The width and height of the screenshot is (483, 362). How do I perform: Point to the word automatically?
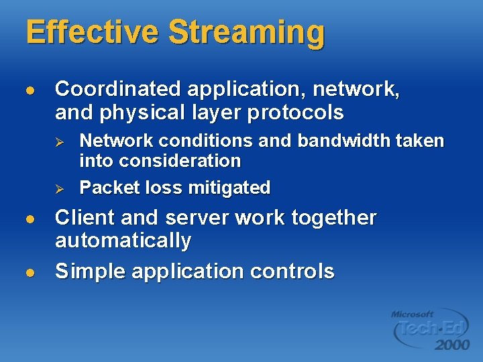tap(123, 241)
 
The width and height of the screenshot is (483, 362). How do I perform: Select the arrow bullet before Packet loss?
tap(59, 188)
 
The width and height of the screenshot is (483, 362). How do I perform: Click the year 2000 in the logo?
tap(451, 345)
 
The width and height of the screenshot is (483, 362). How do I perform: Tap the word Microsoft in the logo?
tap(413, 314)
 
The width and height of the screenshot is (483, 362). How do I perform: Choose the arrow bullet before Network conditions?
tap(59, 141)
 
